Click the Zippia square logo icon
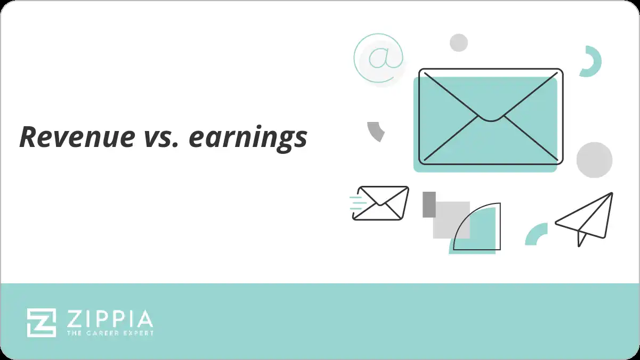(42, 322)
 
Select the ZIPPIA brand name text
(110, 319)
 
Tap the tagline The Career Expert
(110, 333)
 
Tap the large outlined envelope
(490, 116)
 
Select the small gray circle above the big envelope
(458, 43)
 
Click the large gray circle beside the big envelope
(594, 160)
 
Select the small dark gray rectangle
(429, 204)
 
